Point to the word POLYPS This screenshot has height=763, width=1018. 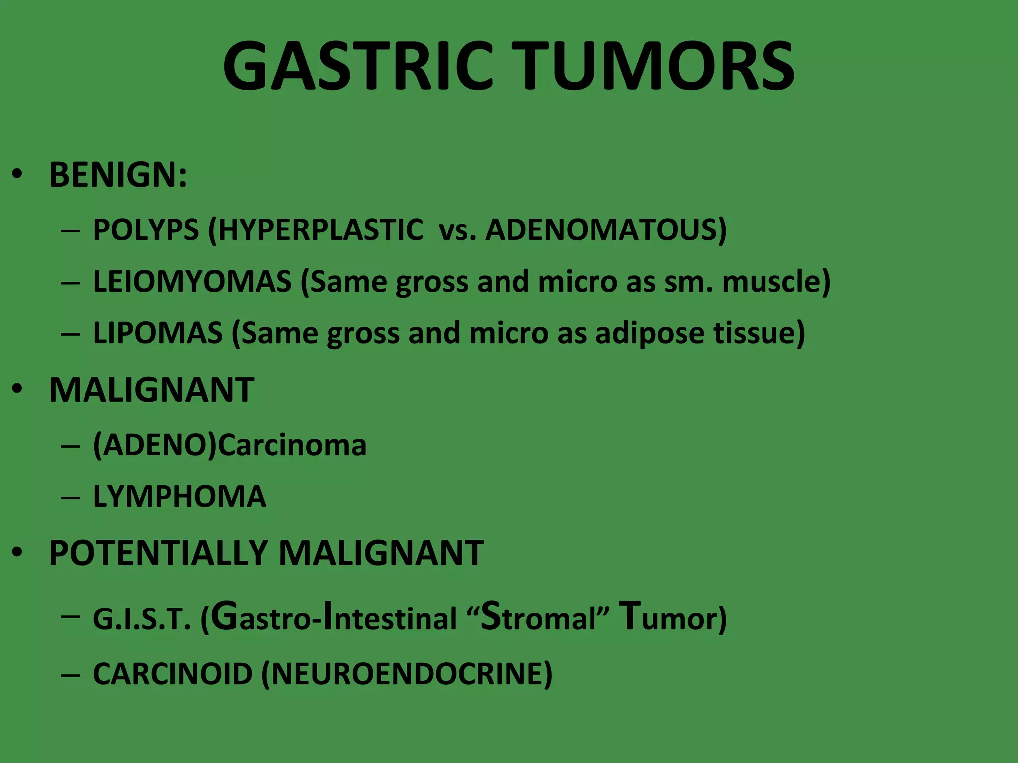point(146,229)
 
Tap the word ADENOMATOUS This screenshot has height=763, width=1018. point(605,229)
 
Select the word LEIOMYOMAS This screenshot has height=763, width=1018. point(192,281)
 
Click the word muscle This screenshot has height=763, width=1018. point(775,281)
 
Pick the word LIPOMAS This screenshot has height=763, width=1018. point(158,333)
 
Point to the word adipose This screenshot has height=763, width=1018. point(650,334)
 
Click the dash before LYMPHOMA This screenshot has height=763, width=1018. point(70,497)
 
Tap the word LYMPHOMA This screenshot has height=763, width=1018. point(180,496)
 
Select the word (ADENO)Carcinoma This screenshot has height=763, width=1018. point(230,444)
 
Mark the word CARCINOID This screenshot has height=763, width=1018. point(173,674)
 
